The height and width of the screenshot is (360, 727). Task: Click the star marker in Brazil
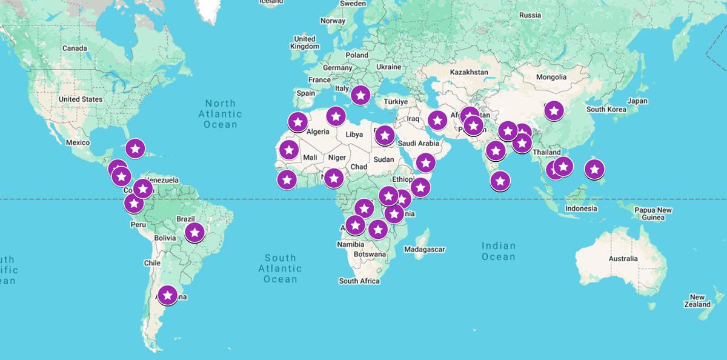[x=194, y=232]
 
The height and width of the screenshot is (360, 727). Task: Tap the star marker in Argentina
[x=168, y=295]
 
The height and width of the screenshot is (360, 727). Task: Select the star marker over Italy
[x=360, y=95]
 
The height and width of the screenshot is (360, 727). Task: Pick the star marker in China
[x=554, y=110]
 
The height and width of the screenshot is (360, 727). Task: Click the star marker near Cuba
[x=135, y=148]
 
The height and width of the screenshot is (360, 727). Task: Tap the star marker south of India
[x=500, y=180]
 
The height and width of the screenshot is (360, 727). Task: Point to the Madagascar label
[x=425, y=249]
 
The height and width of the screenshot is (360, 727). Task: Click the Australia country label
[x=623, y=259]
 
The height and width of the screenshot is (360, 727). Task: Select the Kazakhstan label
[x=469, y=72]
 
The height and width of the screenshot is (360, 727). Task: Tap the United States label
[x=81, y=99]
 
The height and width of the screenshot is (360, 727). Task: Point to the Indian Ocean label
[x=499, y=251]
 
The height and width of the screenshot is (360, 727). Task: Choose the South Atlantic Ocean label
[x=280, y=268]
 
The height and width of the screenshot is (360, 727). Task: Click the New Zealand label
[x=697, y=301]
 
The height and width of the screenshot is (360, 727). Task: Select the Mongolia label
[x=551, y=77]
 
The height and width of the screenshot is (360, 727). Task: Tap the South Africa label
[x=359, y=281]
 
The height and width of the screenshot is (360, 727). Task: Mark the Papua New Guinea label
[x=653, y=213]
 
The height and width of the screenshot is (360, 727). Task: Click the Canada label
[x=75, y=48]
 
